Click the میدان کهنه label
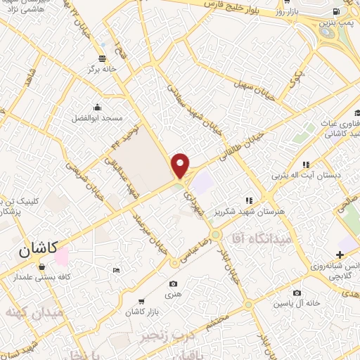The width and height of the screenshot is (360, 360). click(x=28, y=310)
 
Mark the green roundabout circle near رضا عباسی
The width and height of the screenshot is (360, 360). click(x=216, y=235)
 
